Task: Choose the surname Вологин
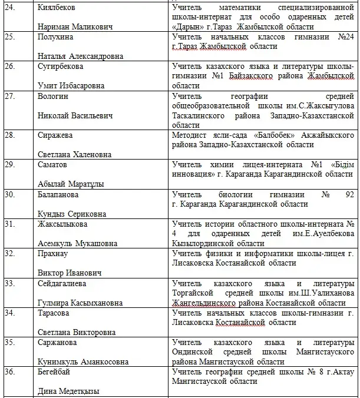tap(54, 97)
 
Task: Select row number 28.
tap(9, 135)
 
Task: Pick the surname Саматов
tap(52, 165)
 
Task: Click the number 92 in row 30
tap(349, 194)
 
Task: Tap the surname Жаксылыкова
tap(63, 224)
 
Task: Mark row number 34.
tap(9, 313)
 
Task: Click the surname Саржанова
tap(58, 343)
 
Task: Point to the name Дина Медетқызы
tap(68, 391)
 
